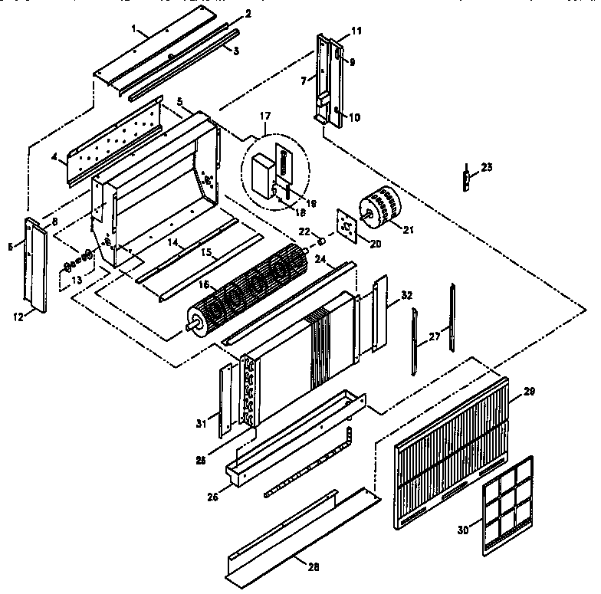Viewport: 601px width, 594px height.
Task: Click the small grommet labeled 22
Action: coord(314,246)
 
